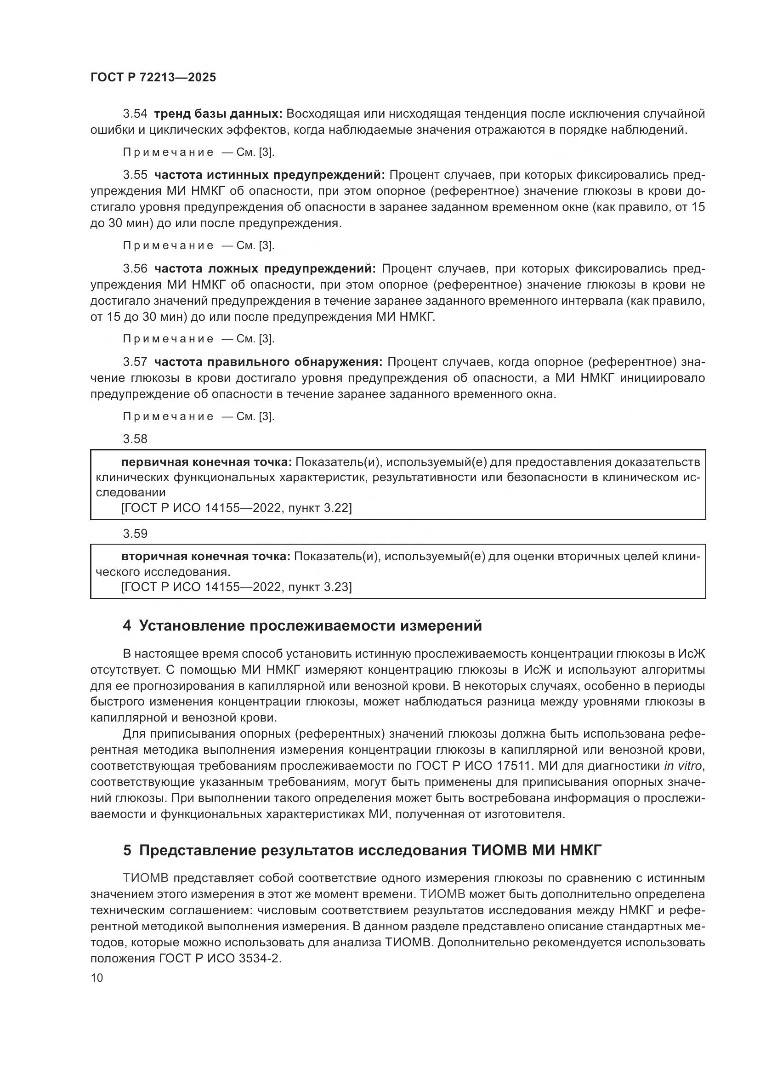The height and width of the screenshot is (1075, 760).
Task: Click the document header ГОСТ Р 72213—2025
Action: pyautogui.click(x=153, y=78)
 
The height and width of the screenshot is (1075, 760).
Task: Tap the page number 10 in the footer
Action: pyautogui.click(x=97, y=978)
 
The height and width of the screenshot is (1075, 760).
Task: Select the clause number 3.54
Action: pyautogui.click(x=135, y=114)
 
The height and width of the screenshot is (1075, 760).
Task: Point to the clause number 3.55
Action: pyautogui.click(x=135, y=175)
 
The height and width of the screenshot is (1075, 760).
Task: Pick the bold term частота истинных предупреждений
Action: pyautogui.click(x=269, y=175)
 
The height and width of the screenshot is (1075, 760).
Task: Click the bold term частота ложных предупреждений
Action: pyautogui.click(x=265, y=269)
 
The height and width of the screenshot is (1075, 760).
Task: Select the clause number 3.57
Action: pyautogui.click(x=135, y=362)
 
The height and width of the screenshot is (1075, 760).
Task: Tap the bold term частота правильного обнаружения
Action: pyautogui.click(x=268, y=362)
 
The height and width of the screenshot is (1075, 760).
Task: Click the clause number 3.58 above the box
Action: pyautogui.click(x=135, y=439)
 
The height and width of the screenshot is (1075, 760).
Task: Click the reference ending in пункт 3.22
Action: pyautogui.click(x=236, y=508)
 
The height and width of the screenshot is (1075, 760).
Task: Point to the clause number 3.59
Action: pyautogui.click(x=135, y=534)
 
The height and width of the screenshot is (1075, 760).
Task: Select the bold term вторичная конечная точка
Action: pyautogui.click(x=206, y=557)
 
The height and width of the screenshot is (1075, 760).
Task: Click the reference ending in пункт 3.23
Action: pyautogui.click(x=236, y=587)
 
